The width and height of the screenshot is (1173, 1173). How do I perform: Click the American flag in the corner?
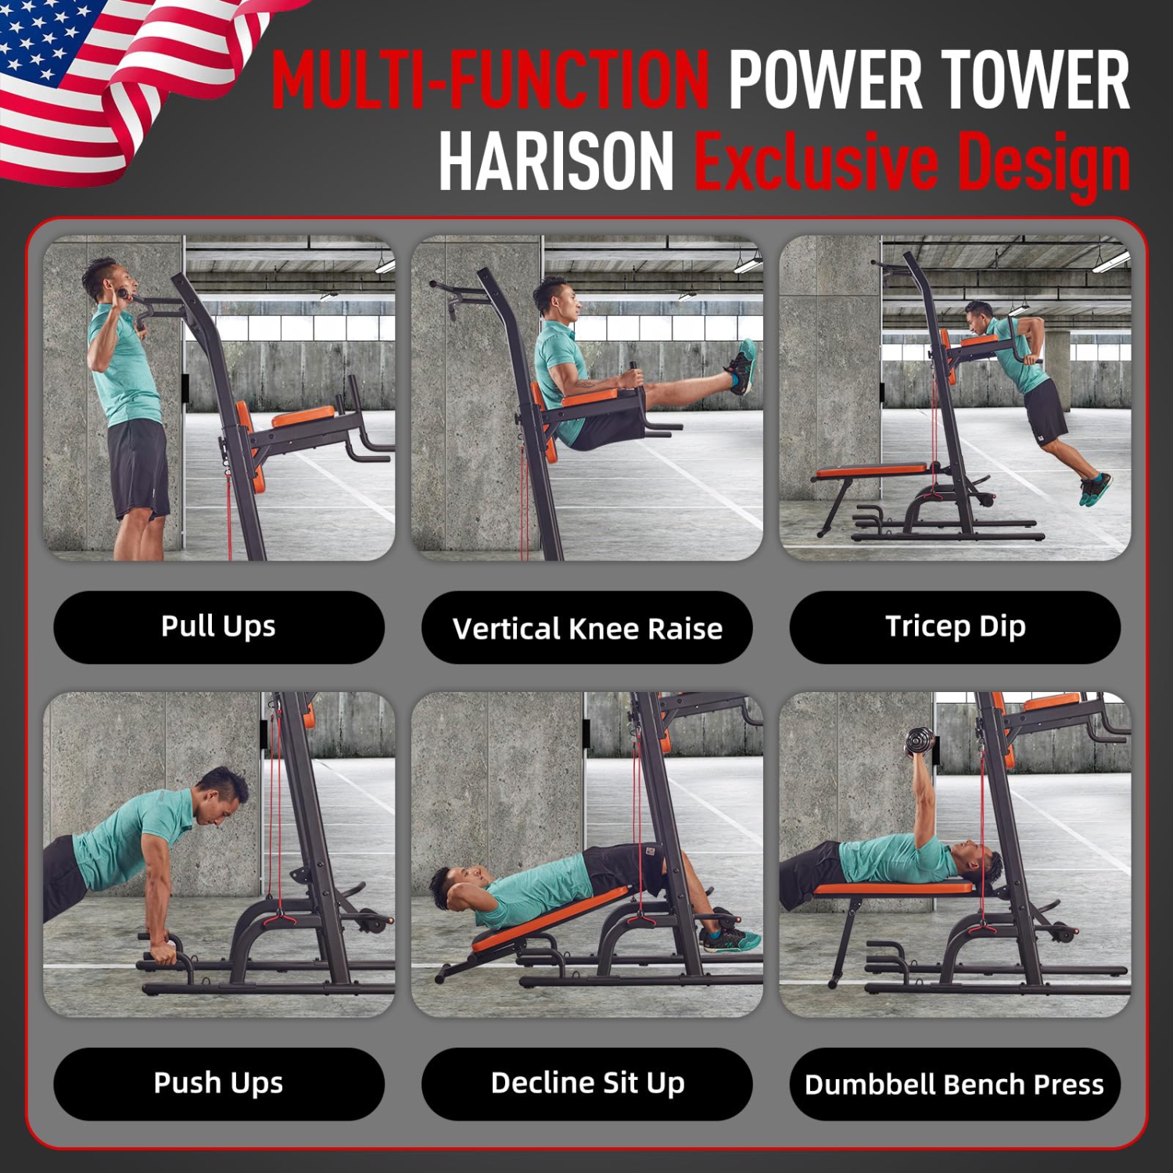(117, 78)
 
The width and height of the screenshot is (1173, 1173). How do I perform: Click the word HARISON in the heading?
(556, 162)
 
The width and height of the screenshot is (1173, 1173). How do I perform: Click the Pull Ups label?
(218, 626)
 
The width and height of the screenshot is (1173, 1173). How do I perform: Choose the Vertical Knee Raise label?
(586, 628)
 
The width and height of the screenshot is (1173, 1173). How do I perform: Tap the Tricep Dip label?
(955, 626)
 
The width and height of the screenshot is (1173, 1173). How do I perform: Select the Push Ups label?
(218, 1083)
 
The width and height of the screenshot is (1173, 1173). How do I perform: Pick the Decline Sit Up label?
(586, 1083)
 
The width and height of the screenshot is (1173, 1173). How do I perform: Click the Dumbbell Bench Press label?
(955, 1084)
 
